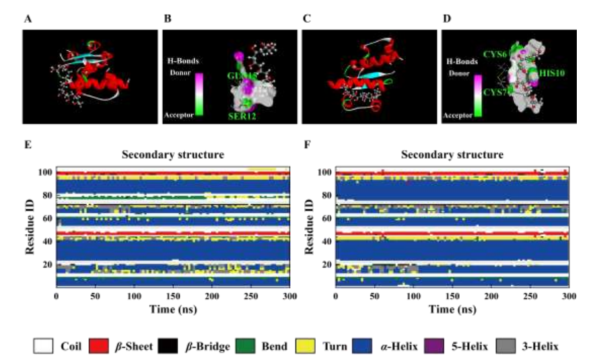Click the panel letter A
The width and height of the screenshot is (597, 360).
tap(27, 20)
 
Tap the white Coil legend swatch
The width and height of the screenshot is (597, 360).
tap(44, 346)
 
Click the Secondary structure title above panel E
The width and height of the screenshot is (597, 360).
tap(172, 154)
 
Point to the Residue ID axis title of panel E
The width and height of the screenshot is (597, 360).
tap(30, 228)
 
